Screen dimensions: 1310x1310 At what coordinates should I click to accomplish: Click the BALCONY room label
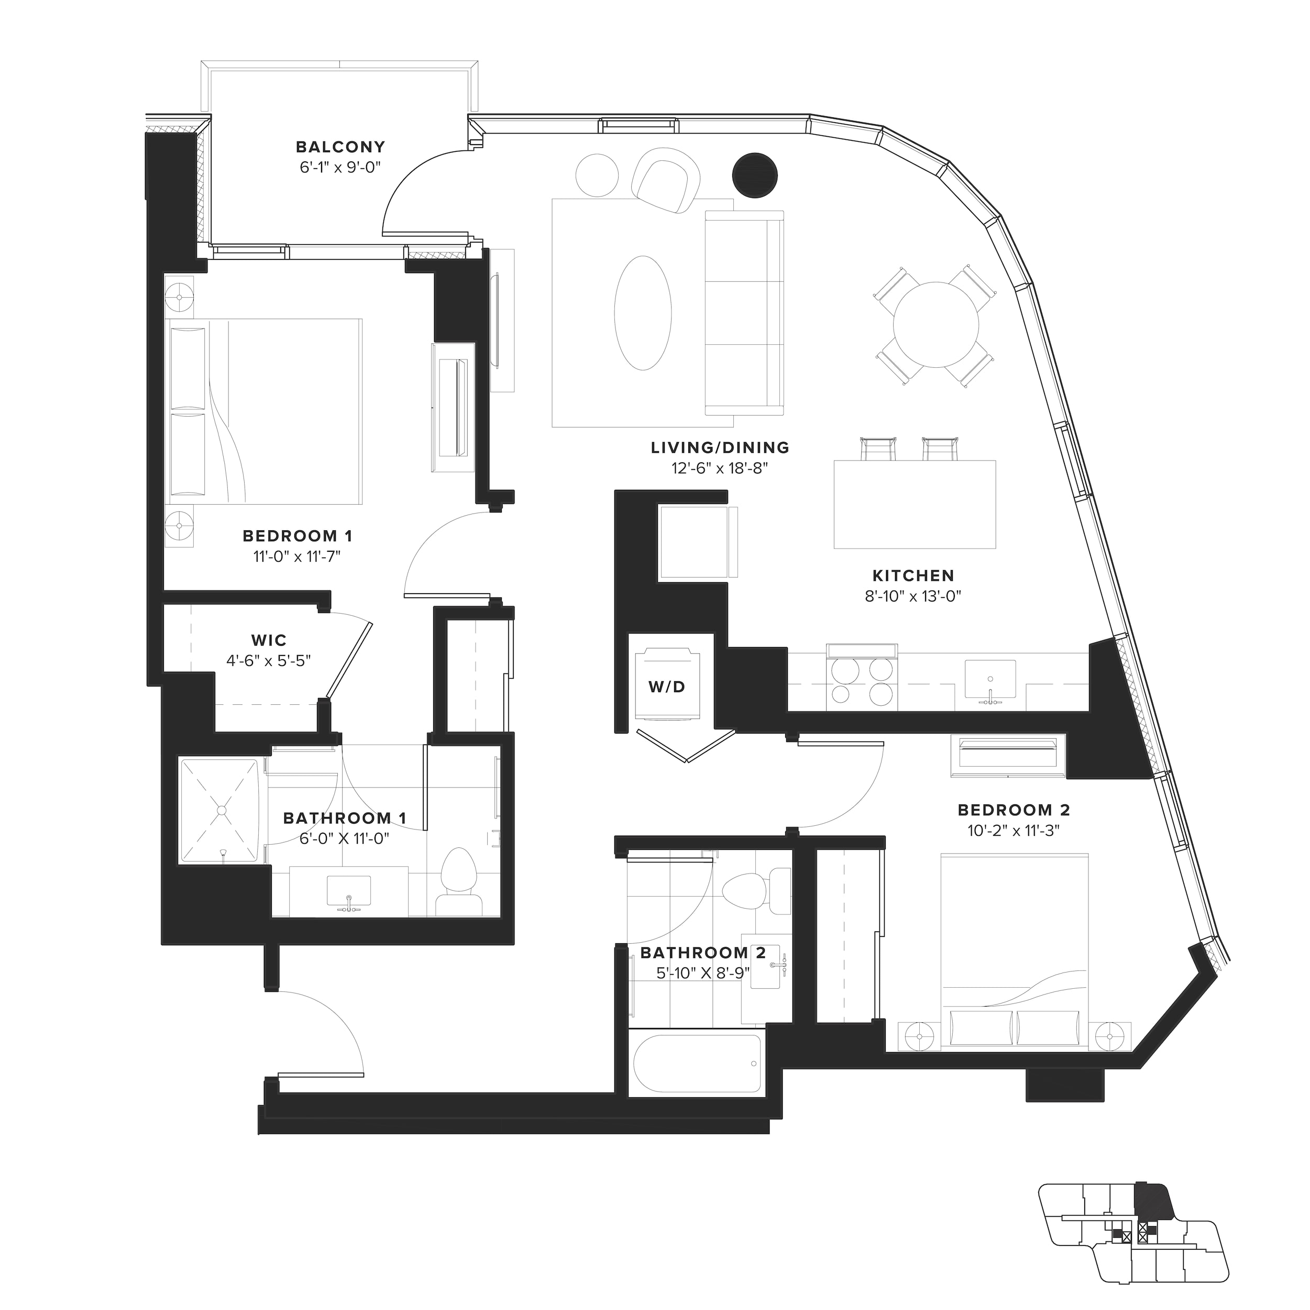[340, 147]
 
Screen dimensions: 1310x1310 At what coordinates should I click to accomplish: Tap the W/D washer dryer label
[667, 686]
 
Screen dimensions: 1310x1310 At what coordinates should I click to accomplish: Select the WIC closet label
[269, 640]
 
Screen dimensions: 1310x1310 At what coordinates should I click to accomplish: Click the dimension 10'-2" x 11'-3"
[1013, 831]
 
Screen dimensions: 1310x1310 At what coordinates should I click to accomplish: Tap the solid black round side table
[755, 176]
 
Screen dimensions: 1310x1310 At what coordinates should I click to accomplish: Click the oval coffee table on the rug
[643, 312]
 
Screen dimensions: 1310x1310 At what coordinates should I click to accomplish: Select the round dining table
[935, 324]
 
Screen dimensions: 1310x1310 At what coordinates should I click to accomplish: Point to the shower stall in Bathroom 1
[219, 811]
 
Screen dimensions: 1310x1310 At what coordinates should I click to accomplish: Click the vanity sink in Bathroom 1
[348, 891]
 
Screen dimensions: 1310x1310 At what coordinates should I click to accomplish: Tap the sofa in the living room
[744, 312]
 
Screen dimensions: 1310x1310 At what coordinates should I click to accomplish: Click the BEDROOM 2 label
[1014, 810]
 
